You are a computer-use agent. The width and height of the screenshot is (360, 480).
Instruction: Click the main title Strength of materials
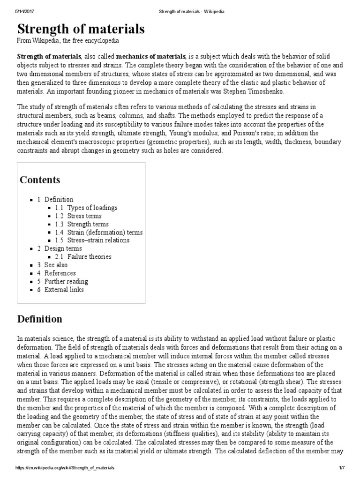coord(81,29)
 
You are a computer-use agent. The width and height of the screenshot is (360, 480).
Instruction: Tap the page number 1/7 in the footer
coord(341,468)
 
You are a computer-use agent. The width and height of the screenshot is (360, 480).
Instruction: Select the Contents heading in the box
coord(40,180)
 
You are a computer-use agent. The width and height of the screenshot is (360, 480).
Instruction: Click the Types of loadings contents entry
coord(92,208)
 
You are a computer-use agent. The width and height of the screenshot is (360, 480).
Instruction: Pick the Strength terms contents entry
coord(88,224)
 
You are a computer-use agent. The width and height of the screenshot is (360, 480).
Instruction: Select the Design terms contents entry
coord(63,248)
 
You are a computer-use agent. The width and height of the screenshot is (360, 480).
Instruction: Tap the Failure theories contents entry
coord(89,257)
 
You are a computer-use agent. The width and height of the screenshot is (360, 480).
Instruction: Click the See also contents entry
coord(56,265)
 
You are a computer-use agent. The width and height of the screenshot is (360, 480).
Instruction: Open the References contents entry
coord(60,273)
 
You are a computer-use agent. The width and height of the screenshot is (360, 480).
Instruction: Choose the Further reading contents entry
coord(66,281)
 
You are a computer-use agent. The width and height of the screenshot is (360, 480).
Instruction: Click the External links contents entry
coord(64,290)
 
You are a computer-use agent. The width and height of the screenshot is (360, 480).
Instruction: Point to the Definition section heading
coord(39,319)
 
